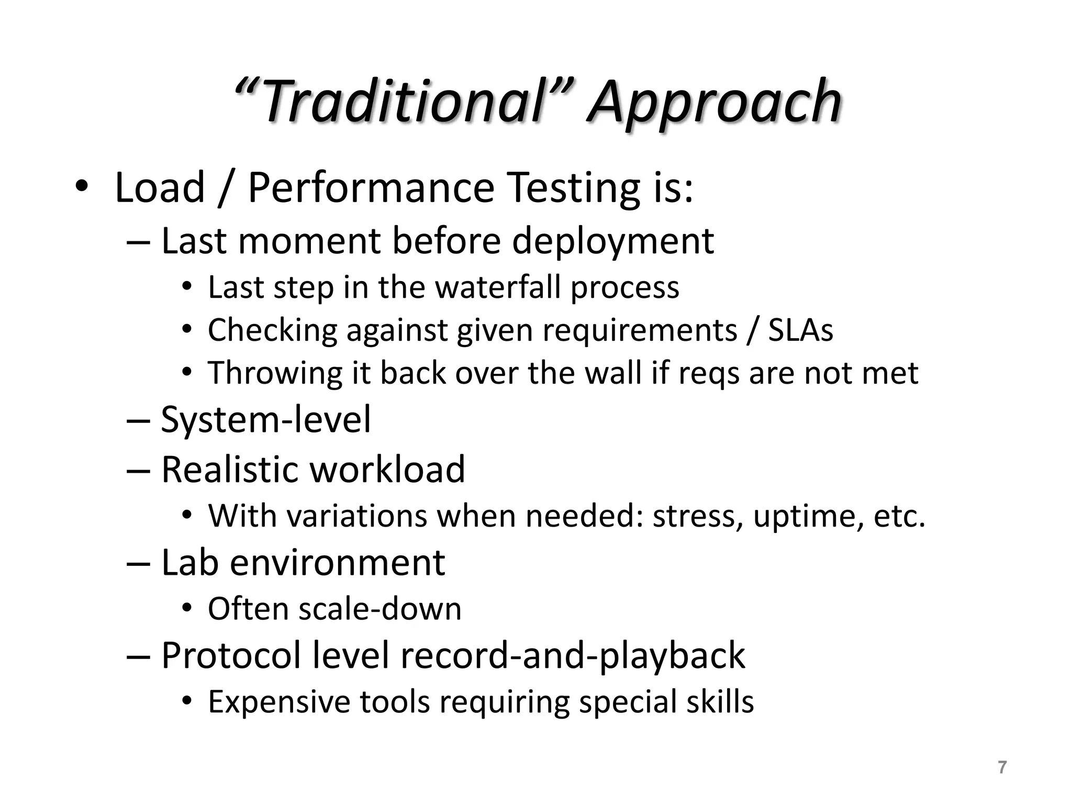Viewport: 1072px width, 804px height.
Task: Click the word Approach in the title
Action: (x=714, y=102)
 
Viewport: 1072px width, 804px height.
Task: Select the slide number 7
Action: (x=1002, y=767)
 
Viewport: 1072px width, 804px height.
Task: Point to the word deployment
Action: (x=612, y=241)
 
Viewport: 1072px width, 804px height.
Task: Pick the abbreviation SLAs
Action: (x=800, y=330)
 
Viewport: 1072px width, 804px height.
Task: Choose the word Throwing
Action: (x=275, y=374)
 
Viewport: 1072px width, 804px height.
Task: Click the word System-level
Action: (x=266, y=419)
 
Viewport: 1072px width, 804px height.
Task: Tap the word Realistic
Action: (x=231, y=469)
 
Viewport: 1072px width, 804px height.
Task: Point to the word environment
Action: (x=338, y=563)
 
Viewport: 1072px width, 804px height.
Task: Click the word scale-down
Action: (x=379, y=609)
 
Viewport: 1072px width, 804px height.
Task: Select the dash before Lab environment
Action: (x=138, y=564)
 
